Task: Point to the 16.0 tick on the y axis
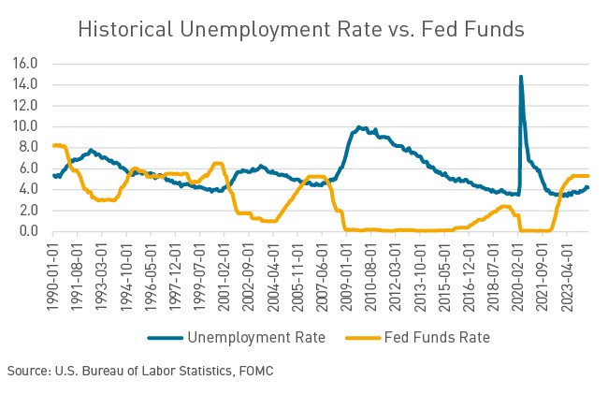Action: click(x=24, y=64)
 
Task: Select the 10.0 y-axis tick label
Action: click(x=24, y=126)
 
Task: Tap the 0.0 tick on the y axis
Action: click(x=28, y=231)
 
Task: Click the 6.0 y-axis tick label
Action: click(x=28, y=168)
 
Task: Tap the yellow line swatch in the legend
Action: click(x=363, y=337)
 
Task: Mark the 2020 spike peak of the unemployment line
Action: click(x=520, y=78)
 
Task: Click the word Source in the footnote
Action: click(x=26, y=372)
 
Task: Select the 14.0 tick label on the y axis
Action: click(x=24, y=84)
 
